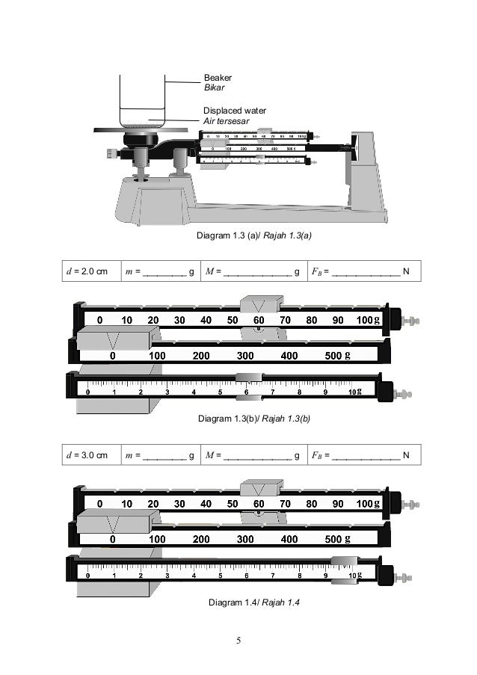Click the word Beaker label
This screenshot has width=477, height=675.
[x=218, y=77]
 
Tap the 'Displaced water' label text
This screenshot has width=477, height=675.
[x=234, y=111]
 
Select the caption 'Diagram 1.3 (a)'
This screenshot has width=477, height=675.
[x=228, y=235]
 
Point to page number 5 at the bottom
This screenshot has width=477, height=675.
[x=238, y=641]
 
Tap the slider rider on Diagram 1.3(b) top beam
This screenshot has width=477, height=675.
[x=260, y=305]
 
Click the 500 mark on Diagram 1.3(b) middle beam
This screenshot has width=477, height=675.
[x=333, y=356]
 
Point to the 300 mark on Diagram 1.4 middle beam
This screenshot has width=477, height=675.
[x=245, y=538]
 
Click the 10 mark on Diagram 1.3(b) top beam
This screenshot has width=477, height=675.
[x=127, y=320]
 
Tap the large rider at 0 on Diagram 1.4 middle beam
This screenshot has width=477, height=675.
[x=114, y=520]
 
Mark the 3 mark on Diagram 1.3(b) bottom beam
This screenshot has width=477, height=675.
[x=167, y=392]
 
